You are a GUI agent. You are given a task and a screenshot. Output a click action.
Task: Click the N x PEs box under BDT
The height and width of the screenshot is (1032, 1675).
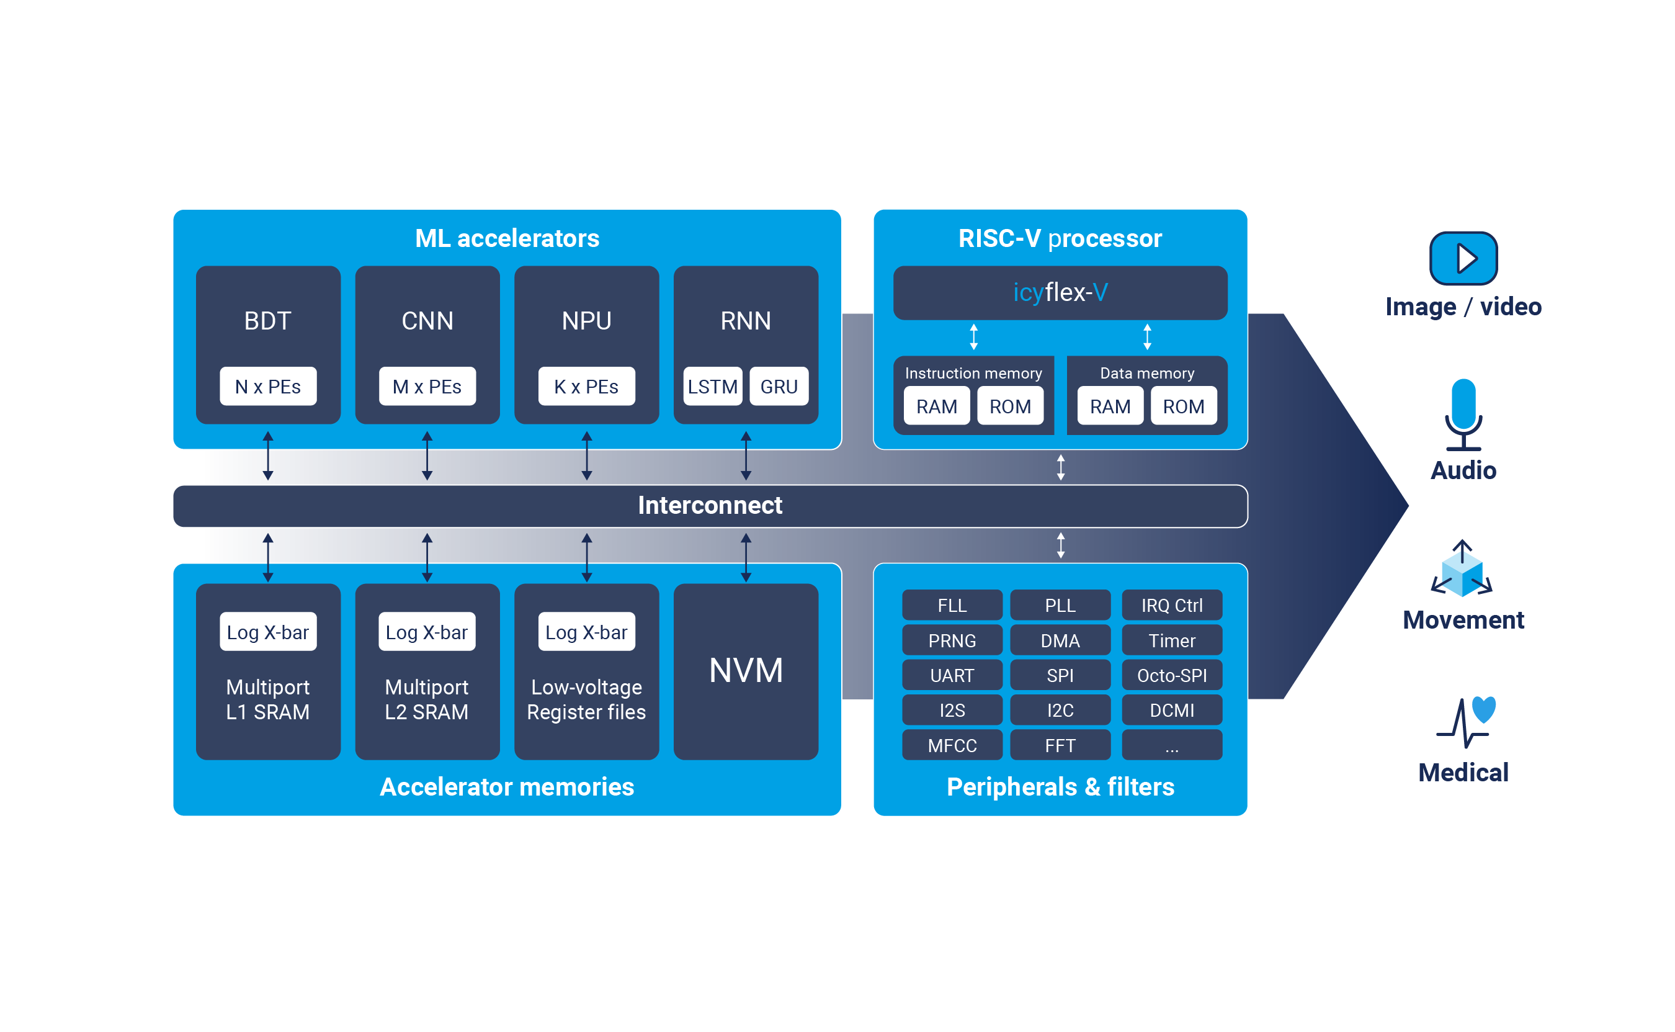click(x=267, y=387)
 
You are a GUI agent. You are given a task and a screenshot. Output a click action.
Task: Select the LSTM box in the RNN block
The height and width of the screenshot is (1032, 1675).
click(x=712, y=387)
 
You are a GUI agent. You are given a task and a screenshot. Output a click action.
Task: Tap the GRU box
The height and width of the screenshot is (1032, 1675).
click(x=779, y=387)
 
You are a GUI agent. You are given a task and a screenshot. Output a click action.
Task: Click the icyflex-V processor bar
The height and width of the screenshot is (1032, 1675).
click(x=1060, y=292)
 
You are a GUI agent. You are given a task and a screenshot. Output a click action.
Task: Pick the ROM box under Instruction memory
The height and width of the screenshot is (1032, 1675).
click(x=1010, y=406)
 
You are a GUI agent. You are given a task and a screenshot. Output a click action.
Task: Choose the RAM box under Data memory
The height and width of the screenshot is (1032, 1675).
click(x=1109, y=406)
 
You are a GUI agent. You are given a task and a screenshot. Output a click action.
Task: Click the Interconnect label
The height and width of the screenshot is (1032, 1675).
click(x=710, y=505)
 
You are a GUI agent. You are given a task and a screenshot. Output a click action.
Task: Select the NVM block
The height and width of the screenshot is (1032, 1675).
click(x=745, y=670)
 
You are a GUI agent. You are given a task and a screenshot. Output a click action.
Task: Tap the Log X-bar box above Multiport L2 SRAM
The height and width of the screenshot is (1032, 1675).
click(x=426, y=631)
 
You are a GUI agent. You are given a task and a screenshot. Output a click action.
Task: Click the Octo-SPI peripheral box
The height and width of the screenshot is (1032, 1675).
click(x=1171, y=675)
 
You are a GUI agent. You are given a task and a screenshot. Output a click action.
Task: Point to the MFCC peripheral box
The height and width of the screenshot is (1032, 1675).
click(x=952, y=745)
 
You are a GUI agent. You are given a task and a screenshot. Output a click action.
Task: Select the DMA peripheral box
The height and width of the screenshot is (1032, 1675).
click(x=1060, y=640)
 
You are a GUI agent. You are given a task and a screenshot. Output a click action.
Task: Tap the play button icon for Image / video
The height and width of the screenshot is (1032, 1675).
click(x=1463, y=258)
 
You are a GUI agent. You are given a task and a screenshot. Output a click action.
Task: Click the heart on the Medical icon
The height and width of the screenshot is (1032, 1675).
click(x=1483, y=709)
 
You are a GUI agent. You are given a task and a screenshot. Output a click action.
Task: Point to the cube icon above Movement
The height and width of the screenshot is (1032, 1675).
click(x=1462, y=572)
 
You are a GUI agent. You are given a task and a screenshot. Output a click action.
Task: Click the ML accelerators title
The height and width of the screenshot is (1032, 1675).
click(x=507, y=238)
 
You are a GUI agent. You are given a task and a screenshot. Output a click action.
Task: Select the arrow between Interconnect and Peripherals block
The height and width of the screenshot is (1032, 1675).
click(x=1060, y=545)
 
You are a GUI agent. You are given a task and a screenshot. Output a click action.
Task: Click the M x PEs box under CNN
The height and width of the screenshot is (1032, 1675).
click(x=426, y=387)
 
